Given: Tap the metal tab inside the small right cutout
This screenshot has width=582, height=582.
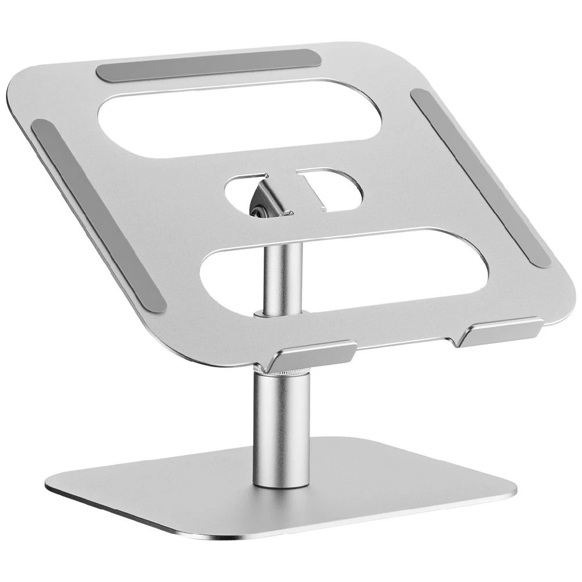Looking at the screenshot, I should [317, 192].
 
